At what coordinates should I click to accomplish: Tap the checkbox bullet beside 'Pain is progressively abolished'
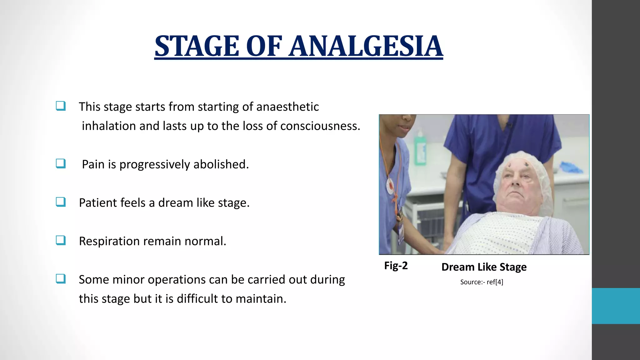pyautogui.click(x=61, y=163)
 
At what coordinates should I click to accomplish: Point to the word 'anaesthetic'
pyautogui.click(x=287, y=107)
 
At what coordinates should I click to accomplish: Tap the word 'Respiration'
pyautogui.click(x=109, y=241)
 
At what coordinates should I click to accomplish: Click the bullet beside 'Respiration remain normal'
pyautogui.click(x=61, y=240)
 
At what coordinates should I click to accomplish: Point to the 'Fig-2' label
pyautogui.click(x=396, y=266)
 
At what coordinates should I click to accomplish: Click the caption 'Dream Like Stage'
pyautogui.click(x=484, y=267)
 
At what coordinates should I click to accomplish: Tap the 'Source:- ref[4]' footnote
pyautogui.click(x=482, y=282)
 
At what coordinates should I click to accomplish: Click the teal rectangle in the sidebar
pyautogui.click(x=616, y=306)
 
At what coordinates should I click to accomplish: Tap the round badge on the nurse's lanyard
pyautogui.click(x=390, y=186)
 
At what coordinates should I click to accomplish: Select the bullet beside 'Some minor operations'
pyautogui.click(x=61, y=279)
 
